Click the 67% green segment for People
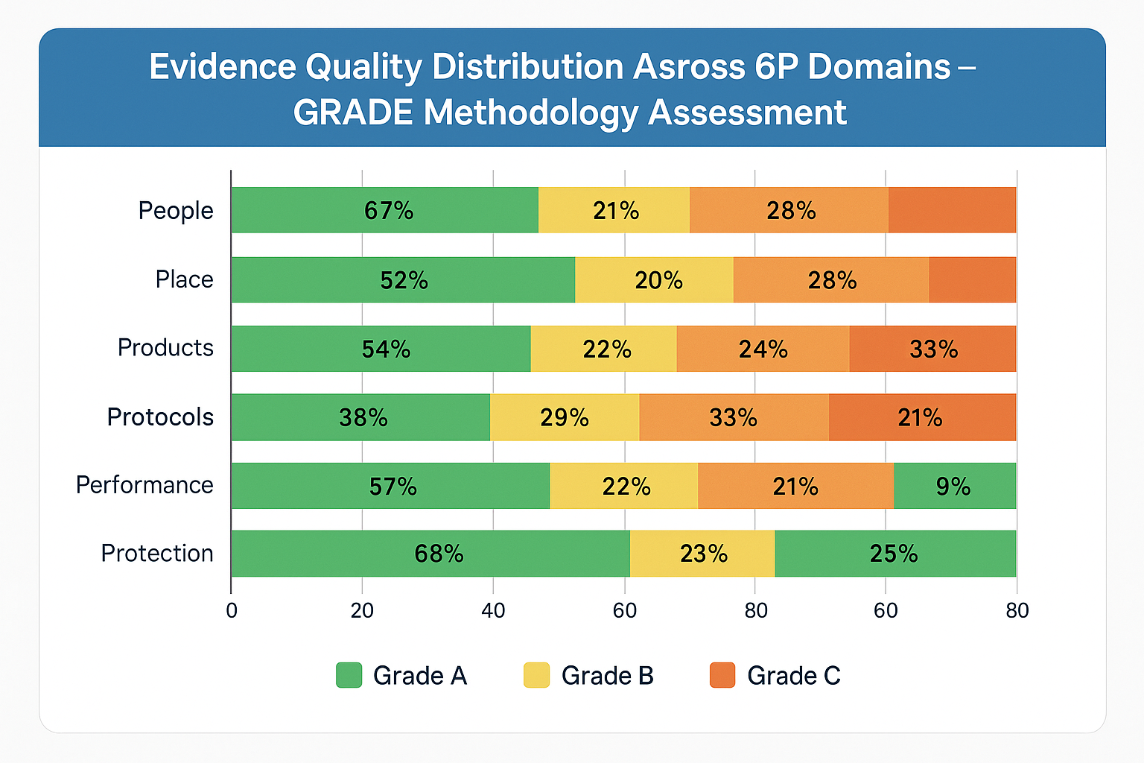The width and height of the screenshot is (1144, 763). [384, 210]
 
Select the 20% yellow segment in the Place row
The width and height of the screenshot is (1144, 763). [654, 279]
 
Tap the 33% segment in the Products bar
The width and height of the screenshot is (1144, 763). [932, 349]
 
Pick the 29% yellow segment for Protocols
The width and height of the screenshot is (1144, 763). [565, 417]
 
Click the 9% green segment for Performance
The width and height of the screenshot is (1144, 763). [955, 486]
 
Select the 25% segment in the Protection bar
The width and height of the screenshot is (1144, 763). [895, 554]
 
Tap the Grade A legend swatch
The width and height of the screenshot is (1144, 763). [349, 675]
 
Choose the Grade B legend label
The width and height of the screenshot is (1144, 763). [607, 675]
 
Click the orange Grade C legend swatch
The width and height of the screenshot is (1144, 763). [722, 675]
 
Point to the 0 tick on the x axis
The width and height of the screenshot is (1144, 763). [232, 611]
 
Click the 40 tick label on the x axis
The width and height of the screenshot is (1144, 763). [493, 611]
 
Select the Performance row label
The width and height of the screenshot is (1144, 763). [144, 485]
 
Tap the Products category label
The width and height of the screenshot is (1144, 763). [165, 348]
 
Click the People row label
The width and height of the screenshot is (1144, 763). [176, 211]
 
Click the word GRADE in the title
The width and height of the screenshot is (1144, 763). [353, 113]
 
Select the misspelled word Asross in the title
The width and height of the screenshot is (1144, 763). [689, 67]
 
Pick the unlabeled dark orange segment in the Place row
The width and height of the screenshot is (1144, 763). [972, 279]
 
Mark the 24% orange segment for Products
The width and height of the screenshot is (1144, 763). [763, 349]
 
